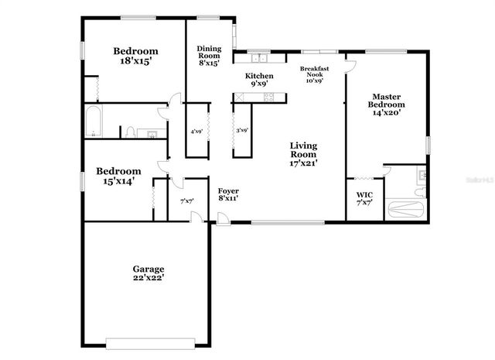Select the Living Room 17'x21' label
(x=304, y=153)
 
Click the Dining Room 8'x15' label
(x=209, y=56)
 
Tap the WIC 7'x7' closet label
(x=364, y=198)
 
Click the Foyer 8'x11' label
(x=227, y=194)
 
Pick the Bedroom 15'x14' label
(x=118, y=176)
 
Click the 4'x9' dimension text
(x=197, y=131)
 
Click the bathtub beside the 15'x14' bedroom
(x=97, y=122)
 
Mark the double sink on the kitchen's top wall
(x=258, y=58)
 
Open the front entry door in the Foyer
(x=222, y=219)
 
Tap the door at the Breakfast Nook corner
(x=350, y=63)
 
